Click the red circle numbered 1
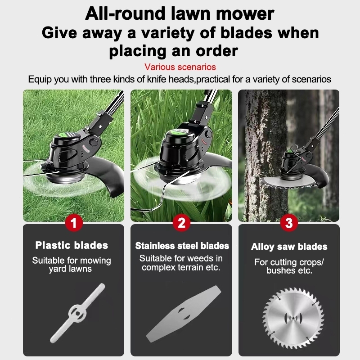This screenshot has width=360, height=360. pyautogui.click(x=74, y=223)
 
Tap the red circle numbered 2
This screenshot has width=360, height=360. pyautogui.click(x=181, y=223)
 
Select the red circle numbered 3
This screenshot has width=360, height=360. pyautogui.click(x=289, y=223)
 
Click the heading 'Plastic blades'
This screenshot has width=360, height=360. pyautogui.click(x=72, y=245)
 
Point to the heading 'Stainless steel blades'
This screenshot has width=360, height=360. pyautogui.click(x=182, y=246)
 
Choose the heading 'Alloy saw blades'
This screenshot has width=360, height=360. pyautogui.click(x=289, y=247)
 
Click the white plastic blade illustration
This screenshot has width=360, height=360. pyautogui.click(x=77, y=313)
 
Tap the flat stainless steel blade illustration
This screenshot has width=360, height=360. pyautogui.click(x=184, y=314)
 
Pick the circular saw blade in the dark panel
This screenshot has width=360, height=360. pyautogui.click(x=293, y=318)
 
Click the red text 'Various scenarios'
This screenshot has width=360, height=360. pyautogui.click(x=180, y=67)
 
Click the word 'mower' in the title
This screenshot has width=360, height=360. pyautogui.click(x=245, y=14)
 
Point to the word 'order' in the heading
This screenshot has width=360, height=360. pyautogui.click(x=217, y=51)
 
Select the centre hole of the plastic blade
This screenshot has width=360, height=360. pyautogui.click(x=78, y=313)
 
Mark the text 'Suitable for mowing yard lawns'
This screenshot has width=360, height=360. pyautogui.click(x=72, y=265)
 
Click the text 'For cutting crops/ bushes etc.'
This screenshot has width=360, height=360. pyautogui.click(x=289, y=266)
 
